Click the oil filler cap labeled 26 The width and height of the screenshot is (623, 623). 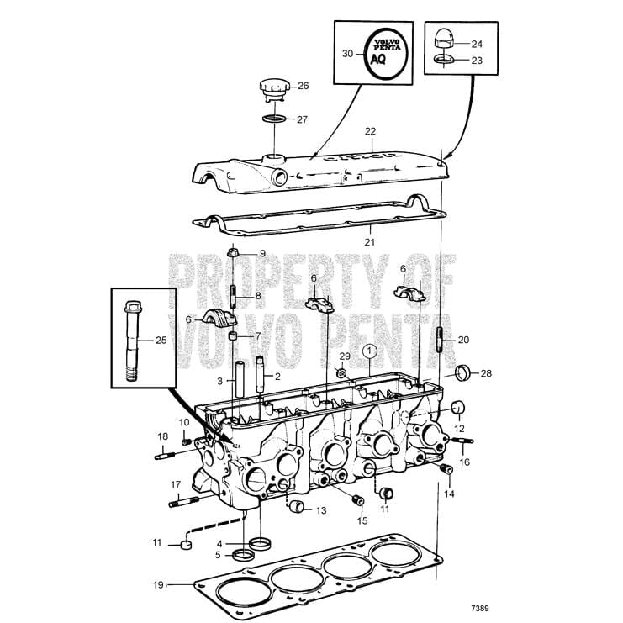[273, 87]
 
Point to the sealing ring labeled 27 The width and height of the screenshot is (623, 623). [272, 119]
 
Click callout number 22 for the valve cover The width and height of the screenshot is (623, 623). [370, 132]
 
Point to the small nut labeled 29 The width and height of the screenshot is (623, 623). [342, 373]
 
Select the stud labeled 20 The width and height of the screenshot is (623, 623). [440, 341]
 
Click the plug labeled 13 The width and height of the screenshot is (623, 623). [296, 507]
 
